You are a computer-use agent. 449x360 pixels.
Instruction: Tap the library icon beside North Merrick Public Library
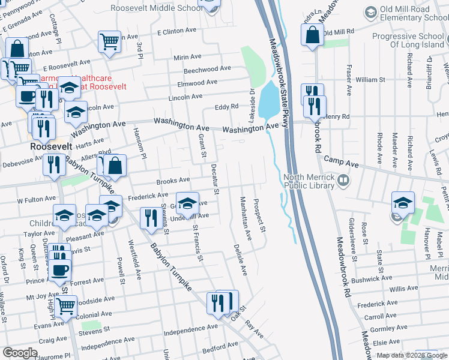pos(343,179)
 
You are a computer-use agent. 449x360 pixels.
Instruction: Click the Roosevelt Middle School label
pos(157,8)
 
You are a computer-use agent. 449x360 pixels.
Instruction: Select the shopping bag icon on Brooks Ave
pos(116,165)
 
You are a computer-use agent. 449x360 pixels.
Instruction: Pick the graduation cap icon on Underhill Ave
pos(187,204)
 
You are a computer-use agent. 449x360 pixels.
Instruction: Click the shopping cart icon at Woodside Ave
pos(65,306)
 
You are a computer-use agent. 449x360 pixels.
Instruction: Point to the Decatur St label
pos(214,180)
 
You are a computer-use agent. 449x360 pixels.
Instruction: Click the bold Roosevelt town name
pos(52,146)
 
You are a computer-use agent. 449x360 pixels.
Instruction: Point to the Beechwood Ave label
pos(207,69)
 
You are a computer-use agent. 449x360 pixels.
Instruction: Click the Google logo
pos(20,353)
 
